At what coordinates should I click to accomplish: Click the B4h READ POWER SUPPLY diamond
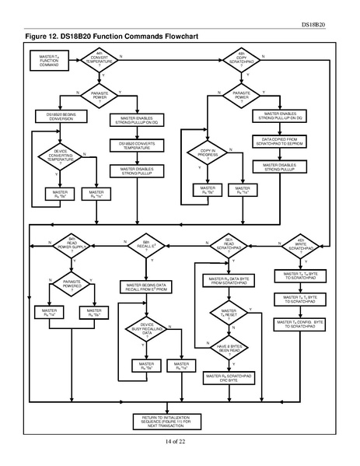pos(71,244)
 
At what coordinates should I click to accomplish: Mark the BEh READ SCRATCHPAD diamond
pos(229,244)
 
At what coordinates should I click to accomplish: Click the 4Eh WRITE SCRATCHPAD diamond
pos(300,244)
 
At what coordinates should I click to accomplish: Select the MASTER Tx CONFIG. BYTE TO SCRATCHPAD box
pos(300,323)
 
